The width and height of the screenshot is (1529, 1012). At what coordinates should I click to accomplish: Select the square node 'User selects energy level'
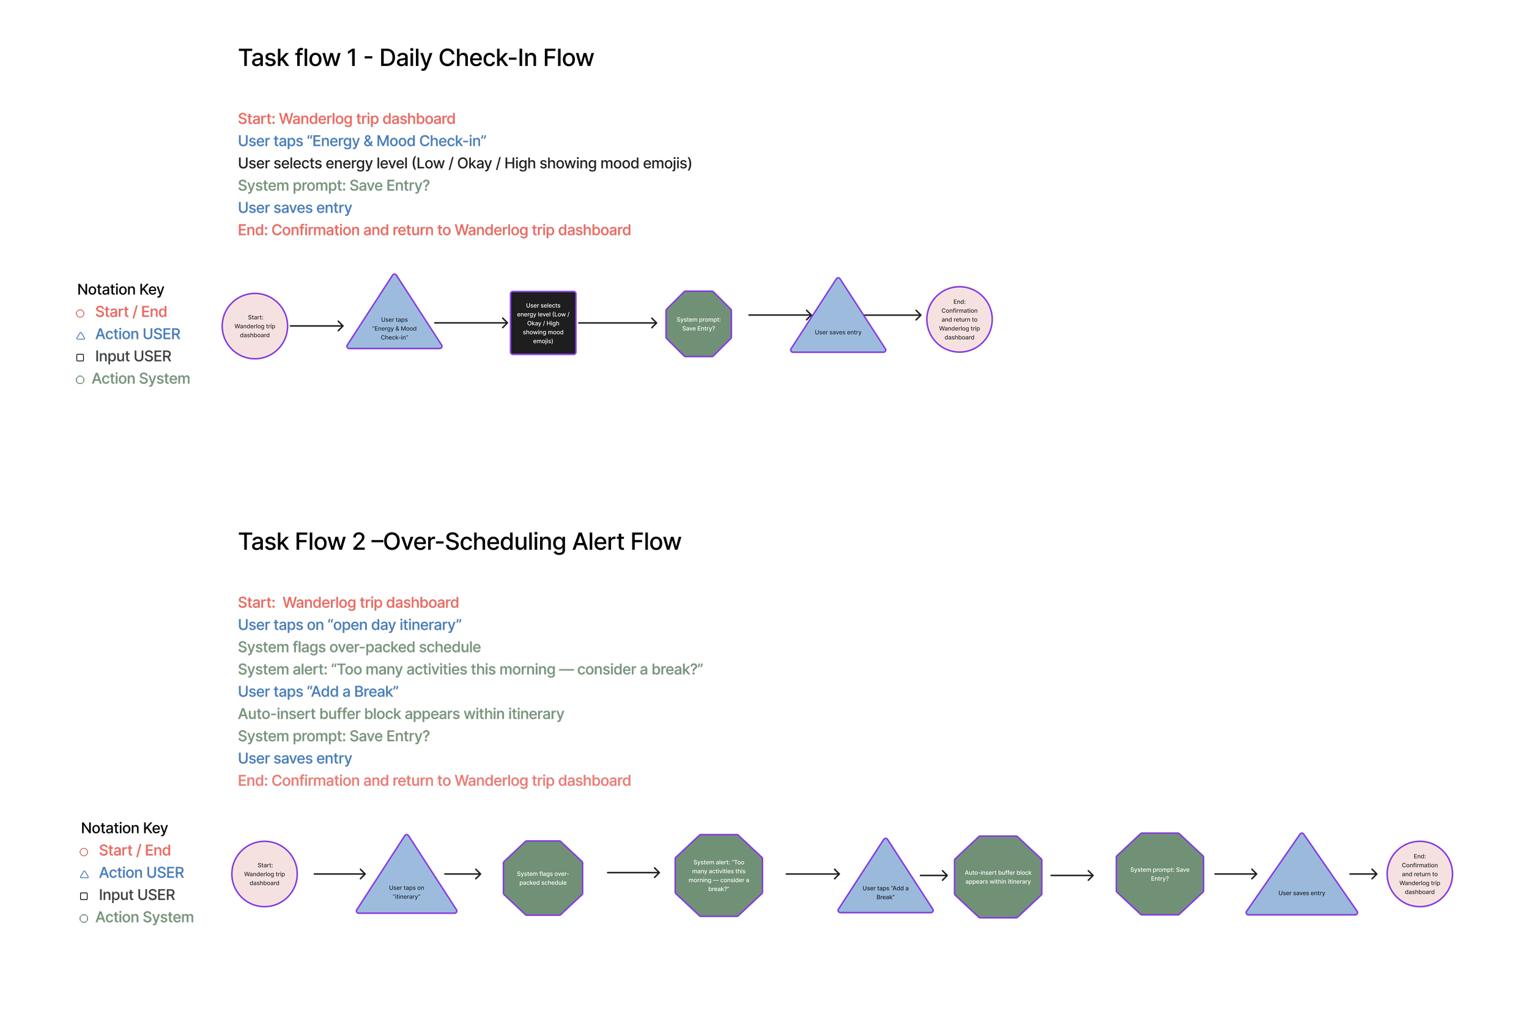tap(543, 323)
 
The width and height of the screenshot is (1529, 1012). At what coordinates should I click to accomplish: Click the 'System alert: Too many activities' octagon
tap(719, 876)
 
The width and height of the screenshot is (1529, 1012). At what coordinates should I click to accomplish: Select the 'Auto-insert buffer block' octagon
tap(998, 877)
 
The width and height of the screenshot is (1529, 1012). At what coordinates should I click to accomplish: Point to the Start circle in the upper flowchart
tap(255, 326)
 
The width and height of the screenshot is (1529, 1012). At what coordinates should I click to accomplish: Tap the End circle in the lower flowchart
tap(1420, 874)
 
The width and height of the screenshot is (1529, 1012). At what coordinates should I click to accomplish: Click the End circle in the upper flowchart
tap(959, 319)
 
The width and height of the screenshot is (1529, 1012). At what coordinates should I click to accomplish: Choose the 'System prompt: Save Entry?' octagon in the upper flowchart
tap(698, 324)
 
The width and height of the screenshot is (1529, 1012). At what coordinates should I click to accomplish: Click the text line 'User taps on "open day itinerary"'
tap(349, 625)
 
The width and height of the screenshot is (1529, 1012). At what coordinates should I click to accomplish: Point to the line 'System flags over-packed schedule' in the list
tap(359, 648)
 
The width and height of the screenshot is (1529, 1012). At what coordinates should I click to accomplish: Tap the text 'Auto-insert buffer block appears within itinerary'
tap(400, 714)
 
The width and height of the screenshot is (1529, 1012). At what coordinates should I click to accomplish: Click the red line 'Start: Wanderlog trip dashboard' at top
tap(347, 119)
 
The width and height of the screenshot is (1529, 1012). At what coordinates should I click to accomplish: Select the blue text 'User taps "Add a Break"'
tap(317, 692)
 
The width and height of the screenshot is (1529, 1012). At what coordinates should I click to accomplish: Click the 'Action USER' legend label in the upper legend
tap(138, 334)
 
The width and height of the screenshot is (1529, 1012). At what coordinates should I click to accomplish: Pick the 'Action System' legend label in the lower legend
tap(144, 917)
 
